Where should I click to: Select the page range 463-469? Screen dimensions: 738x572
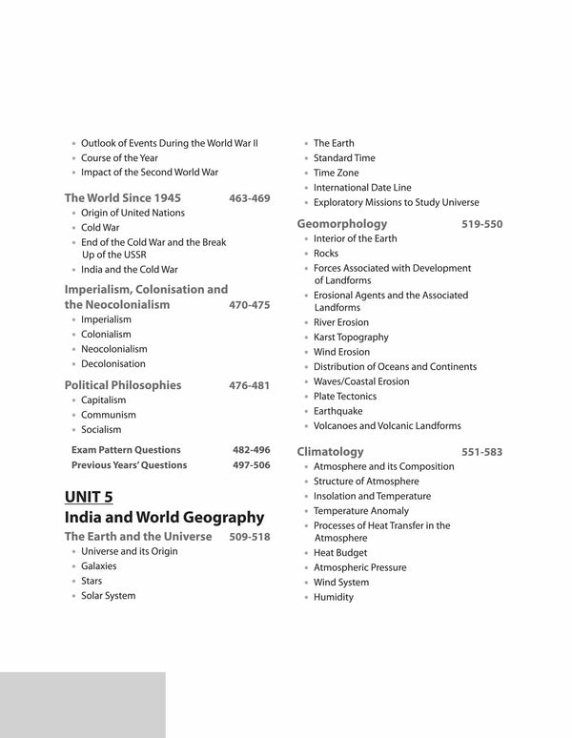coord(250,198)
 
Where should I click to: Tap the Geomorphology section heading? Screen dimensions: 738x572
coord(341,224)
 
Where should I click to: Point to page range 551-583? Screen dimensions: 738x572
coord(481,452)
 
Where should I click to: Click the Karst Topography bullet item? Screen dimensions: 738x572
coord(351,338)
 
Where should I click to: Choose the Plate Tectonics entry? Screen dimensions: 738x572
coord(345,397)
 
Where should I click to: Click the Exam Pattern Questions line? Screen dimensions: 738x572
coord(126,449)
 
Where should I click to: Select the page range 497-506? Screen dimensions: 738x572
coord(251,465)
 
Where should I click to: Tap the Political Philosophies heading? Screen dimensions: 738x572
coord(122,386)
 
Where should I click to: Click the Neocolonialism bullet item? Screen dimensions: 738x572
coord(113,349)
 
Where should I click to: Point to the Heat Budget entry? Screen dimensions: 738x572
coord(340,553)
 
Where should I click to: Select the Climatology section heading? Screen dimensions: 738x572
coord(331,452)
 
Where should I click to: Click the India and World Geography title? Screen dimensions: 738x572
coord(163,518)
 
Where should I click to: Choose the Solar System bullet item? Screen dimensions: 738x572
coord(108,596)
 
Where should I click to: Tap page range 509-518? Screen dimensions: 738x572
coord(250,537)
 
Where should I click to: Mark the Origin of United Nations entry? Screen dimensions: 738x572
coord(133,213)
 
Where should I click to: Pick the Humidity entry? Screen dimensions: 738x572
coord(334,597)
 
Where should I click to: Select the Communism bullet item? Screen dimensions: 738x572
coord(109,415)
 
